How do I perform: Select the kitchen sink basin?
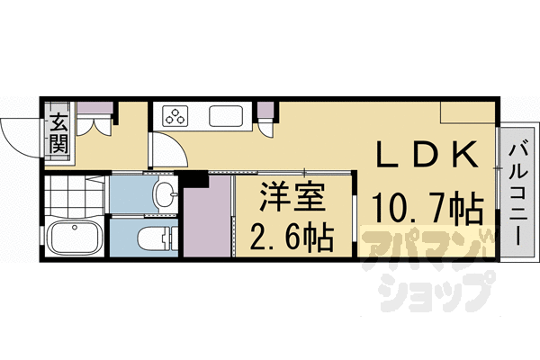click(x=224, y=116)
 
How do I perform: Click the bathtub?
click(x=75, y=238)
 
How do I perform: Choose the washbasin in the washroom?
click(x=163, y=193)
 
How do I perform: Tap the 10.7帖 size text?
click(x=426, y=210)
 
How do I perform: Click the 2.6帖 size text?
click(x=290, y=238)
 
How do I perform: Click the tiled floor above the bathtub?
click(x=75, y=196)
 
